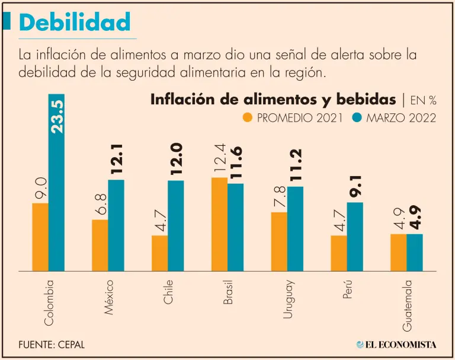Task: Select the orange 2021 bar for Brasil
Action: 219,224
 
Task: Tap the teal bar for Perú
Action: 355,236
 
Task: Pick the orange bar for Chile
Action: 159,253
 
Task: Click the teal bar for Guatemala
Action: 415,252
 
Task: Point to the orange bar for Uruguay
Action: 279,241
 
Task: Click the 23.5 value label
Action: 57,116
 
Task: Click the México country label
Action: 108,297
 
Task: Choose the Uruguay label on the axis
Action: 287,300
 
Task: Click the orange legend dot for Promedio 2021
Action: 248,117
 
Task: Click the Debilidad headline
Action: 74,22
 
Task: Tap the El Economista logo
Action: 396,344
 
